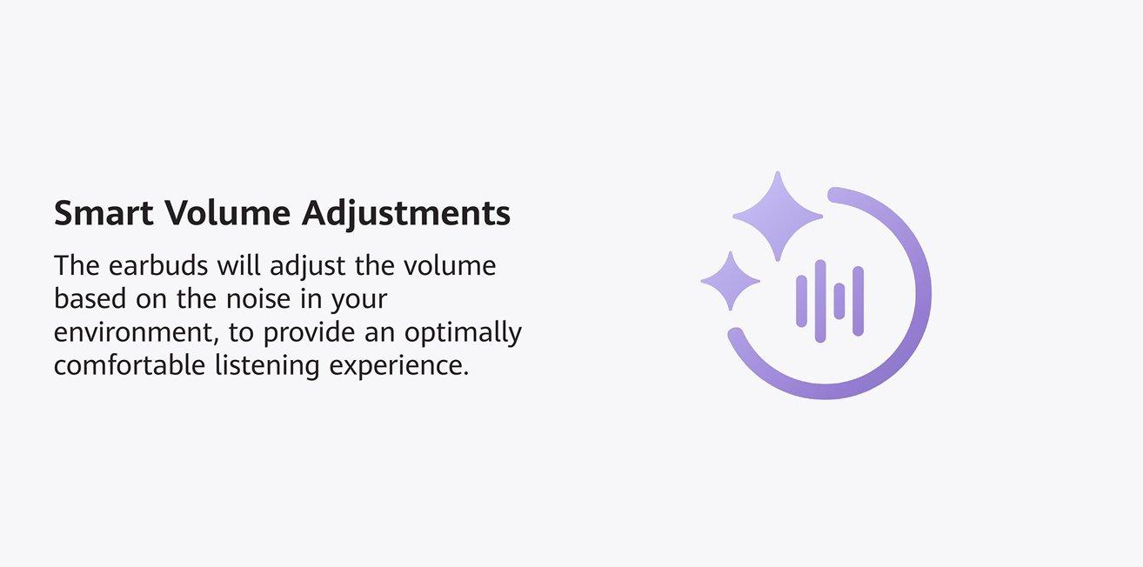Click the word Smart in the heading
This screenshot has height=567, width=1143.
pyautogui.click(x=104, y=212)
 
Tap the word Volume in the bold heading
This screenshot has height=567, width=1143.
pyautogui.click(x=228, y=212)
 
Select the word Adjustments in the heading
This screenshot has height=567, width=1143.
pyautogui.click(x=406, y=214)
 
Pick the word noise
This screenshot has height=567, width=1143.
pyautogui.click(x=258, y=298)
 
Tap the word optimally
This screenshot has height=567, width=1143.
pyautogui.click(x=464, y=333)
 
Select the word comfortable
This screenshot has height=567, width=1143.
pyautogui.click(x=130, y=365)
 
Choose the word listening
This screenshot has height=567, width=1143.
pyautogui.click(x=267, y=366)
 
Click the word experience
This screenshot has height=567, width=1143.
pyautogui.click(x=399, y=366)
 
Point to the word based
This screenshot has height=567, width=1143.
pyautogui.click(x=90, y=298)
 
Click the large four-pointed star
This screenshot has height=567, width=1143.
pyautogui.click(x=778, y=217)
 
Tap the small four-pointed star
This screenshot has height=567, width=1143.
pyautogui.click(x=730, y=281)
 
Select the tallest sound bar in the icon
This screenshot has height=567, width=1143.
pyautogui.click(x=820, y=301)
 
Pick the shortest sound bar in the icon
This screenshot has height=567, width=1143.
pyautogui.click(x=839, y=301)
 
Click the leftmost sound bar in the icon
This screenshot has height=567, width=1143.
pyautogui.click(x=802, y=301)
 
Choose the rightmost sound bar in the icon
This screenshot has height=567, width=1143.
pyautogui.click(x=859, y=301)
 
